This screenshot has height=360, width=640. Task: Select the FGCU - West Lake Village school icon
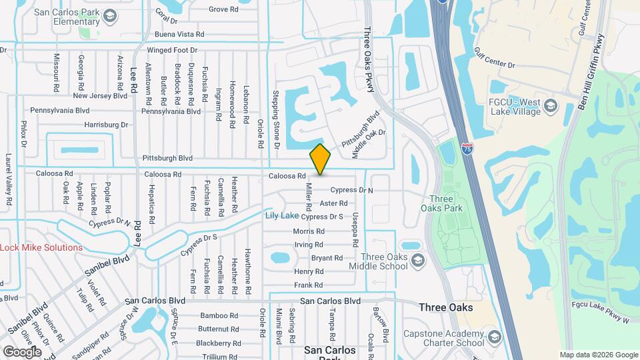coord(551,105)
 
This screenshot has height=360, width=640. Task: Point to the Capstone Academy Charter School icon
coord(494,336)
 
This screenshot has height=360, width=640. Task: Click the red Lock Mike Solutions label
coord(41,247)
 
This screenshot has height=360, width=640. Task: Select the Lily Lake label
coord(282,215)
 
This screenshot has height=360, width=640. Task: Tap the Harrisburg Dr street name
coord(106,125)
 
